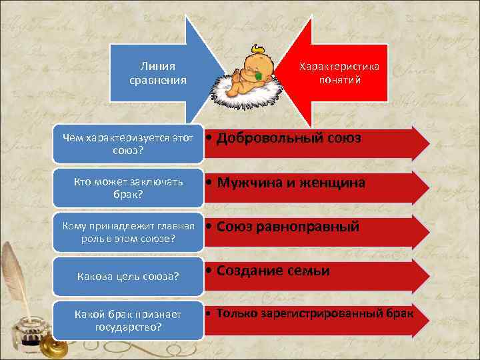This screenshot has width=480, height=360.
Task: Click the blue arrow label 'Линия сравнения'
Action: pyautogui.click(x=158, y=73)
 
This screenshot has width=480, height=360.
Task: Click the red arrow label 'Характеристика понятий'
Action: pyautogui.click(x=339, y=73)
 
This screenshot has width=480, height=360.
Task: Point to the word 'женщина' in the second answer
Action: pyautogui.click(x=330, y=183)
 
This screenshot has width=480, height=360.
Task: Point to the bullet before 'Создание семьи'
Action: pyautogui.click(x=209, y=271)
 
